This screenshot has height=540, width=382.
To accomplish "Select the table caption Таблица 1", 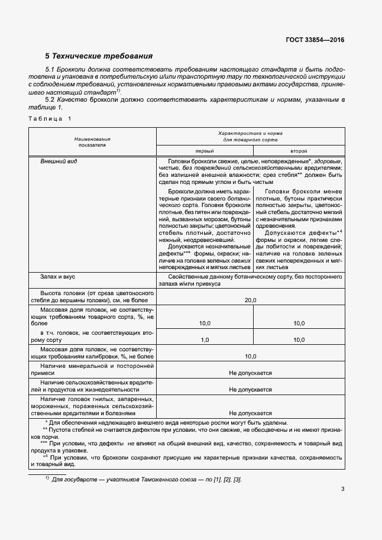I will pyautogui.click(x=49, y=119).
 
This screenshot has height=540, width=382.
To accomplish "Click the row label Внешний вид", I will pyautogui.click(x=59, y=161).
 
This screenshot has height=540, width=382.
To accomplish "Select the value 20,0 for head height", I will pyautogui.click(x=251, y=301).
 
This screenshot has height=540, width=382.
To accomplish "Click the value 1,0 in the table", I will pyautogui.click(x=205, y=340).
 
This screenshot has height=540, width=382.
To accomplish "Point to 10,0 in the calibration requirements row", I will pyautogui.click(x=251, y=357).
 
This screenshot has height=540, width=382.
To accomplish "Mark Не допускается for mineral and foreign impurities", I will pyautogui.click(x=251, y=374).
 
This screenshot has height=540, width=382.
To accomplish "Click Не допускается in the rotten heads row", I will pyautogui.click(x=251, y=413).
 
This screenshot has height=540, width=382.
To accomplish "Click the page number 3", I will pyautogui.click(x=342, y=489).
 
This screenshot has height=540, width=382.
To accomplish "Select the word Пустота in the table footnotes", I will pyautogui.click(x=61, y=431).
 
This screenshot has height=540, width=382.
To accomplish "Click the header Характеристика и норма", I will pyautogui.click(x=251, y=134).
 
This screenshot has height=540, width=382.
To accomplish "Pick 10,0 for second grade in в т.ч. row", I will pyautogui.click(x=299, y=340).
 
